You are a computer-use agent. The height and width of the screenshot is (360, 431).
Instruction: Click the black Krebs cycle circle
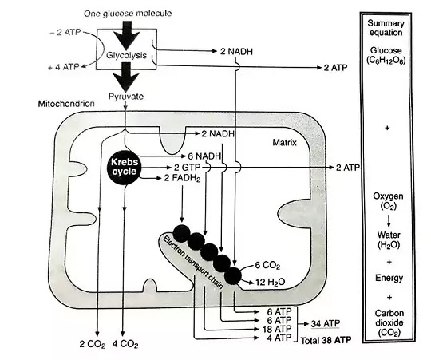click(x=124, y=167)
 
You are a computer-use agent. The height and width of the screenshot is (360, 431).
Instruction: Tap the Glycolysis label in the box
click(x=126, y=55)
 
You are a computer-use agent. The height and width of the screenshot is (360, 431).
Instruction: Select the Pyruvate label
click(x=126, y=97)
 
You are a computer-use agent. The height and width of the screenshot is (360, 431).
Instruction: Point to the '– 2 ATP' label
click(x=65, y=33)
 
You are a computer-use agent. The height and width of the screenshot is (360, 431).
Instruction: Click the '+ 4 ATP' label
click(x=64, y=67)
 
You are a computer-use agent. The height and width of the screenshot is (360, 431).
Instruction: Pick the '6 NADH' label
click(x=204, y=156)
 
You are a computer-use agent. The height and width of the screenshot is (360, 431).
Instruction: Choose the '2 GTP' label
click(x=188, y=168)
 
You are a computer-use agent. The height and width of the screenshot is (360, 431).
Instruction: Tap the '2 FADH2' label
click(x=182, y=178)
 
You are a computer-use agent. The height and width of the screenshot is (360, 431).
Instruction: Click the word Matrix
click(x=284, y=143)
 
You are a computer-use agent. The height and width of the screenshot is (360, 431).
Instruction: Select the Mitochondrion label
click(x=66, y=104)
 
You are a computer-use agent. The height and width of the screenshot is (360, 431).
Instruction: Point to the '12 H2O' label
click(x=271, y=282)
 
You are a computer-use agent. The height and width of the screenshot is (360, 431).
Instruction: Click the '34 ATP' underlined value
click(x=326, y=324)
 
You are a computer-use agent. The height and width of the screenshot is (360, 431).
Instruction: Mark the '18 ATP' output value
click(x=276, y=329)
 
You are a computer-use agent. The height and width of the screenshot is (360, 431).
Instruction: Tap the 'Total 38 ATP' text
click(x=326, y=341)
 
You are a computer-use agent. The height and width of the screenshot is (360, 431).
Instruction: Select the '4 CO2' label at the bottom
click(x=125, y=344)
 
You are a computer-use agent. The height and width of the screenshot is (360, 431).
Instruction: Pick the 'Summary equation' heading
click(x=386, y=28)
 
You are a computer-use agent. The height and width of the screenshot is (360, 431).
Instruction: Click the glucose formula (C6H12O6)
click(x=386, y=60)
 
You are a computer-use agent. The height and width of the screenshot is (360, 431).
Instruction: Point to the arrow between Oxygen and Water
click(x=389, y=221)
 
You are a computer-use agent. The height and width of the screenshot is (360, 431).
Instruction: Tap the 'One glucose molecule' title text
click(x=128, y=14)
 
